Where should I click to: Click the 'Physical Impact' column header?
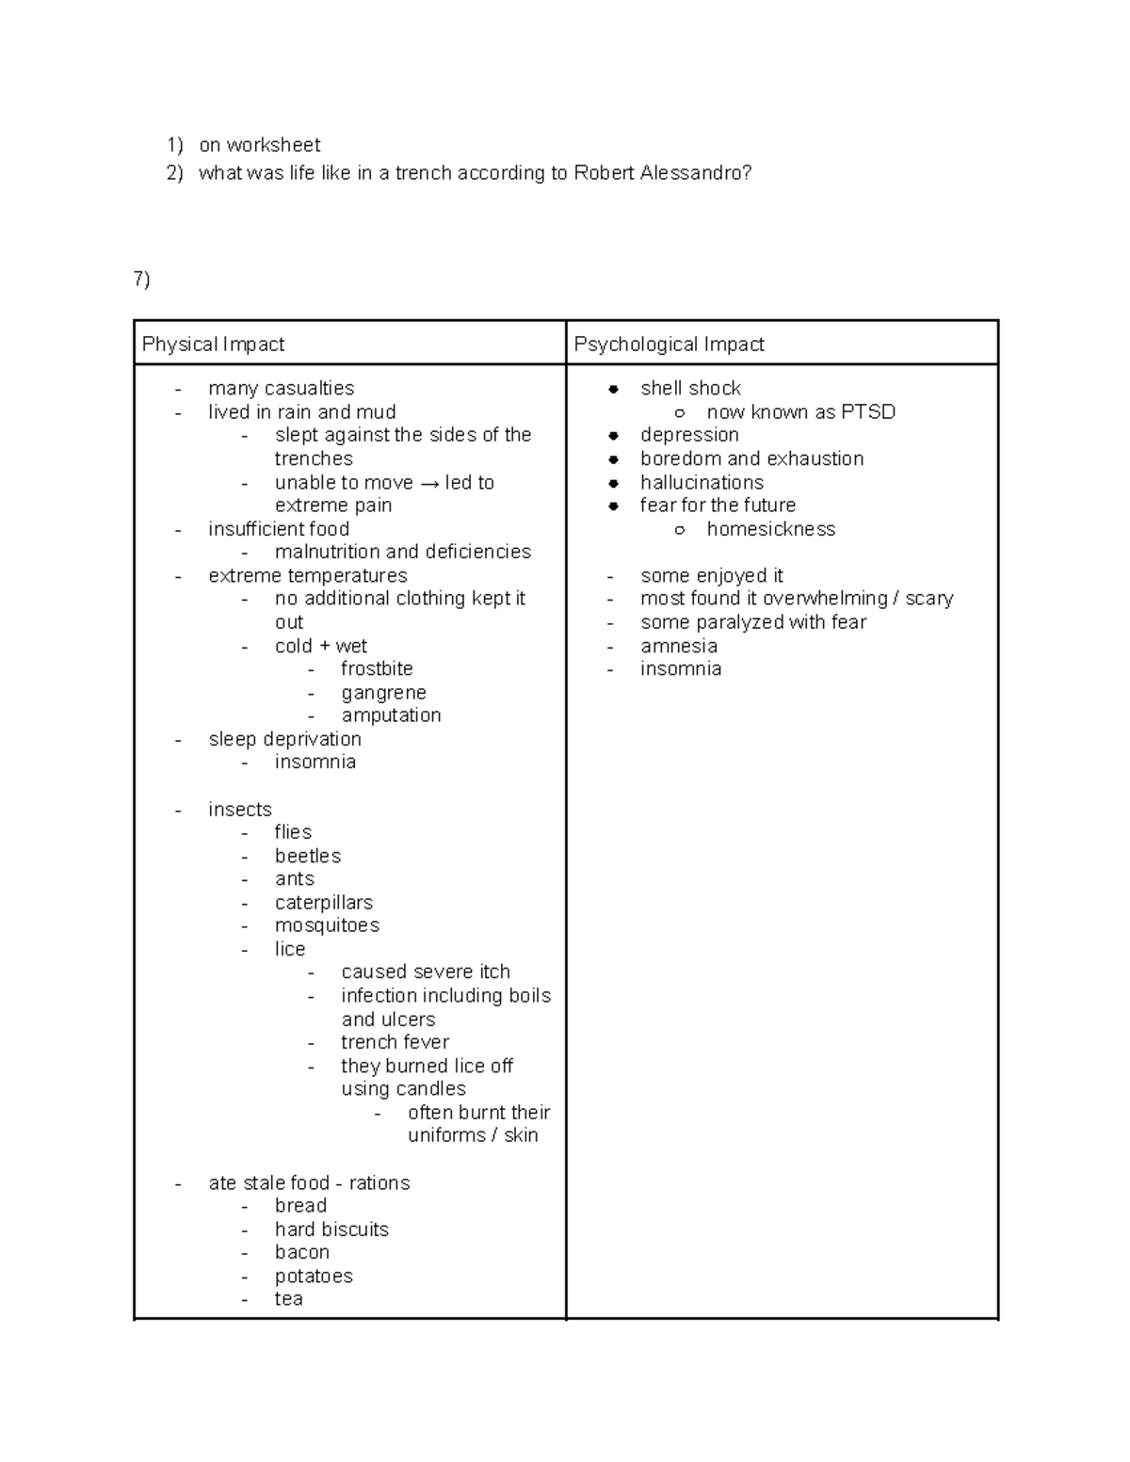tap(213, 345)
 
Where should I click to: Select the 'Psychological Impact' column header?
tap(669, 345)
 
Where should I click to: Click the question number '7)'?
tap(141, 279)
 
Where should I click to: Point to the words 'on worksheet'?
tap(259, 145)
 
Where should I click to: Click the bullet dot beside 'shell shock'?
tap(613, 389)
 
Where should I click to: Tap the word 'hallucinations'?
tap(702, 482)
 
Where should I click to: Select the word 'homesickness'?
tap(770, 529)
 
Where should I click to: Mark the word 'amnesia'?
tap(678, 646)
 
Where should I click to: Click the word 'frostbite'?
tap(377, 668)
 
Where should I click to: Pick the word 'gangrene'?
tap(383, 693)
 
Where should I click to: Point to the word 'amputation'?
tap(391, 715)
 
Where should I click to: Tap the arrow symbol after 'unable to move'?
tap(429, 483)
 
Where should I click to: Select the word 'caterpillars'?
tap(323, 903)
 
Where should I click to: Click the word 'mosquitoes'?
tap(327, 925)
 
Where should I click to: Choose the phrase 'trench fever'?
tap(395, 1042)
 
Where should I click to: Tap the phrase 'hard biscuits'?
tap(331, 1229)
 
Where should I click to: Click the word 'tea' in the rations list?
tap(288, 1299)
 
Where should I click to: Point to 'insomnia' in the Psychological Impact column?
tap(681, 668)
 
